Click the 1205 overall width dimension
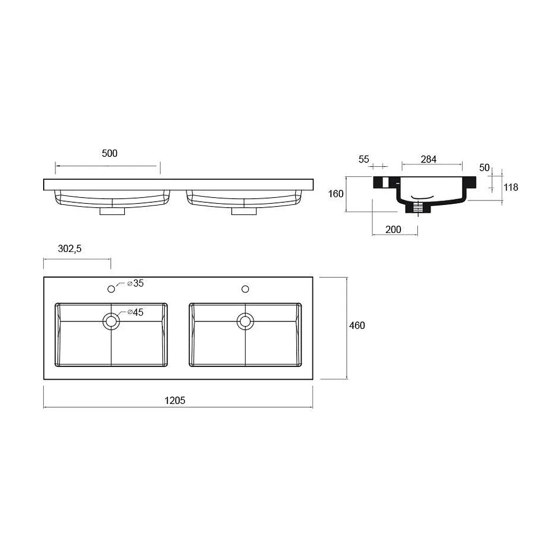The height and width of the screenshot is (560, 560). point(175,400)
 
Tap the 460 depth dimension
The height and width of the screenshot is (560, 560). point(357,325)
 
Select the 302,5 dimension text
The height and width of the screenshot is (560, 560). point(69,249)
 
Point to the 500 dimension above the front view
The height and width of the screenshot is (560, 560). point(110,153)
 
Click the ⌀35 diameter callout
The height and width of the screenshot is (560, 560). point(136,283)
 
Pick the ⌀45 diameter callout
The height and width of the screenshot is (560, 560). point(136,312)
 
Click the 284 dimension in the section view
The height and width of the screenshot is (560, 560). point(428,159)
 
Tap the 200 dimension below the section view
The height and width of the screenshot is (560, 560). point(393,229)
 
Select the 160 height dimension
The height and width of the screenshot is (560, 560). point(335,194)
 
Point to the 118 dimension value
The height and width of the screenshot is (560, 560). point(511,187)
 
